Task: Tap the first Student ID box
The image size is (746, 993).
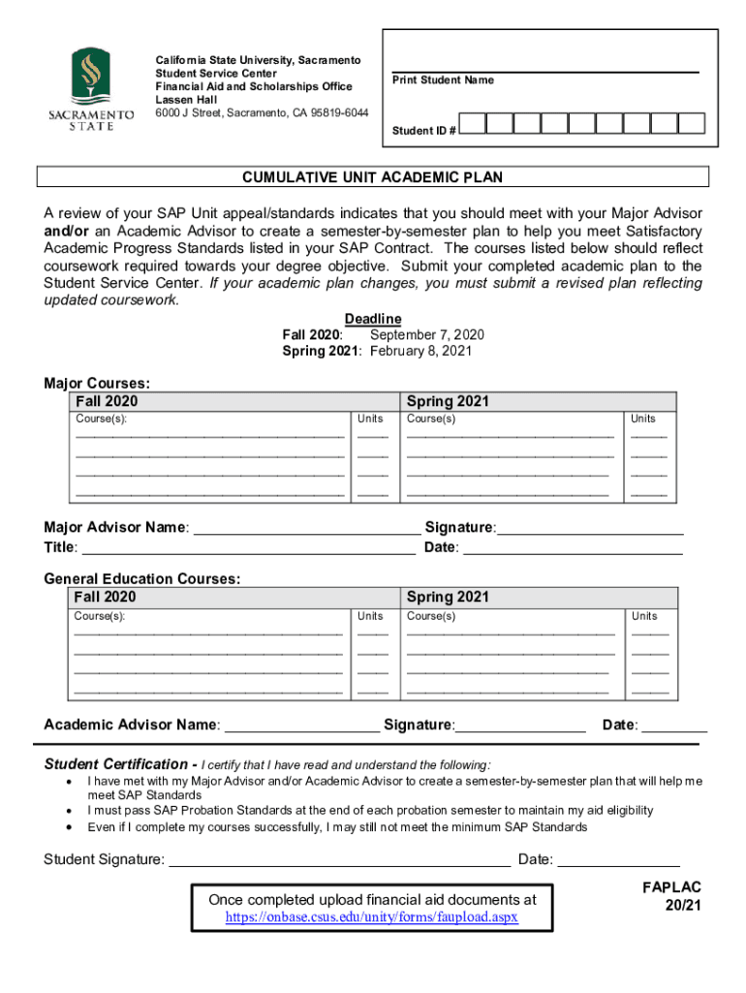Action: click(x=472, y=124)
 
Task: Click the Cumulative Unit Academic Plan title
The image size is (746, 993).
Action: click(x=372, y=177)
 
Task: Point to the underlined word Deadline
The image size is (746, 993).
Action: click(x=373, y=319)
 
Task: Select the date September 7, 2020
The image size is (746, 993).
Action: click(x=427, y=335)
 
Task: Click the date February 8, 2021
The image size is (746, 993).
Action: click(x=420, y=351)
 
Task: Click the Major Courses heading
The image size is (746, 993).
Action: click(x=97, y=383)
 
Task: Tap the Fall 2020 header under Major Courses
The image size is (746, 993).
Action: click(x=107, y=401)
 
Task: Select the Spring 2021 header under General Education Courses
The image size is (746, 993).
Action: click(x=448, y=597)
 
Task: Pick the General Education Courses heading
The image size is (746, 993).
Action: click(x=142, y=579)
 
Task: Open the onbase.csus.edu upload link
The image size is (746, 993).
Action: click(x=372, y=916)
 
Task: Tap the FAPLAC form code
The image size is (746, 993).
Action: click(x=670, y=887)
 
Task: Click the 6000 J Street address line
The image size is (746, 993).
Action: click(x=262, y=112)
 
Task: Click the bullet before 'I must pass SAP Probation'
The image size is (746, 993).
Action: click(x=68, y=810)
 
